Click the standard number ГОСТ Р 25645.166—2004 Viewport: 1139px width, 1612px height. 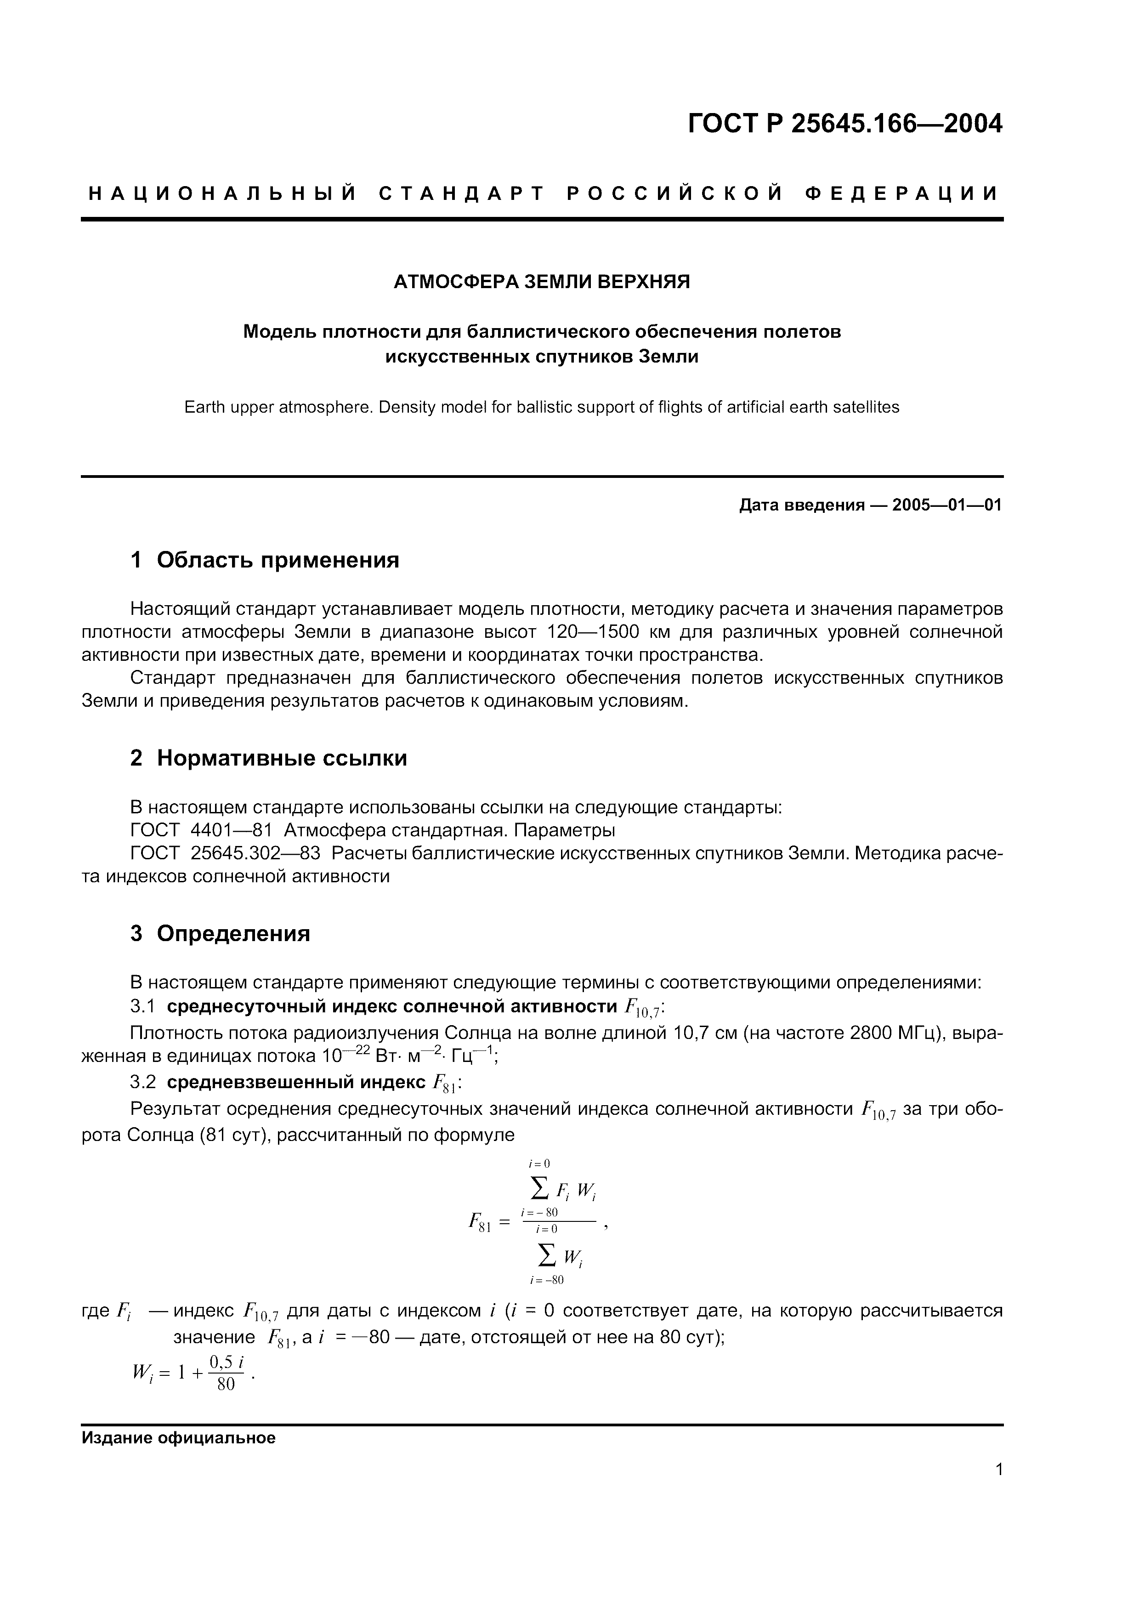(844, 124)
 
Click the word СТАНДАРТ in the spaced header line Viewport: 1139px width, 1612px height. (462, 194)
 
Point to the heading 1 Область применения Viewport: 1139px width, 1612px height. (265, 560)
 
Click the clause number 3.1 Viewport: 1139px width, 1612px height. (142, 1007)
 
